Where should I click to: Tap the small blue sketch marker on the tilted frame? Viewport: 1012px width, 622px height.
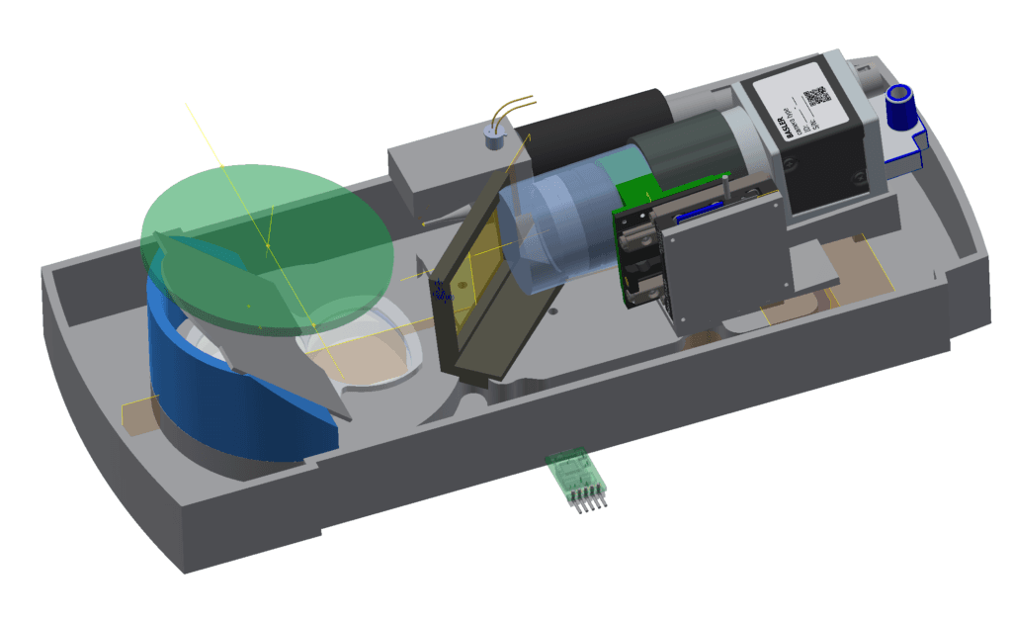tap(439, 290)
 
